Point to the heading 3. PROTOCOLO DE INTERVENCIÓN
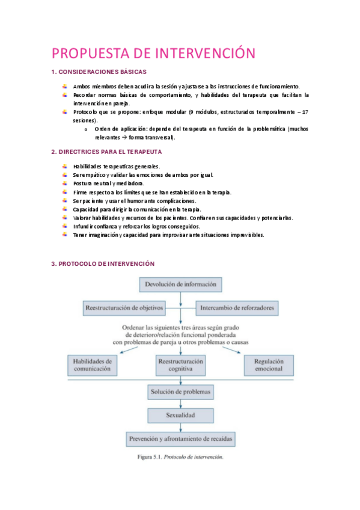coord(103,263)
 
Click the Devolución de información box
coord(180,284)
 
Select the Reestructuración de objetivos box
coord(124,308)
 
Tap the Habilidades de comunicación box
coord(92,365)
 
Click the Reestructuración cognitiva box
coord(180,365)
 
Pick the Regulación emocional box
coord(269,365)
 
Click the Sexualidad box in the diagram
coord(180,416)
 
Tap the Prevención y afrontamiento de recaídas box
coord(180,439)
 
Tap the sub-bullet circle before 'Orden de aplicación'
coord(87,129)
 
